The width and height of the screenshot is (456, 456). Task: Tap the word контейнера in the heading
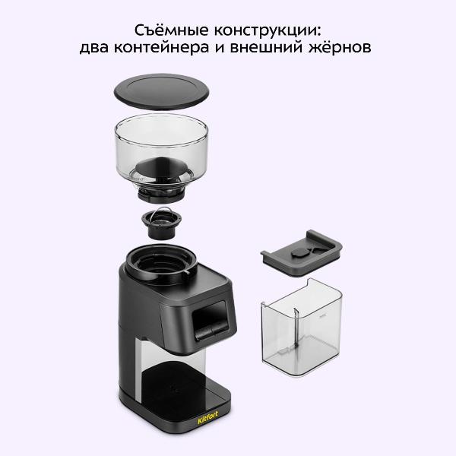179,49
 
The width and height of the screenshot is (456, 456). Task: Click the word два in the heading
100,49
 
